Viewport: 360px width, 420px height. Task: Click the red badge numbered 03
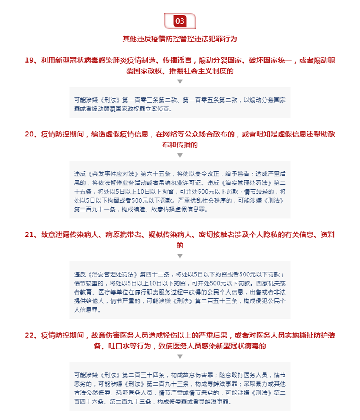point(180,21)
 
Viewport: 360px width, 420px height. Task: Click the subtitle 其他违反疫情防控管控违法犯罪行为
point(180,39)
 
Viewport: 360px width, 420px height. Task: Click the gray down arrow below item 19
point(180,81)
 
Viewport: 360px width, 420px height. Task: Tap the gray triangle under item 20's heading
point(180,156)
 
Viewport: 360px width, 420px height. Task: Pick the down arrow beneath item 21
point(180,256)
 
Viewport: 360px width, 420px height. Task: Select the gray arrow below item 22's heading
point(180,357)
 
